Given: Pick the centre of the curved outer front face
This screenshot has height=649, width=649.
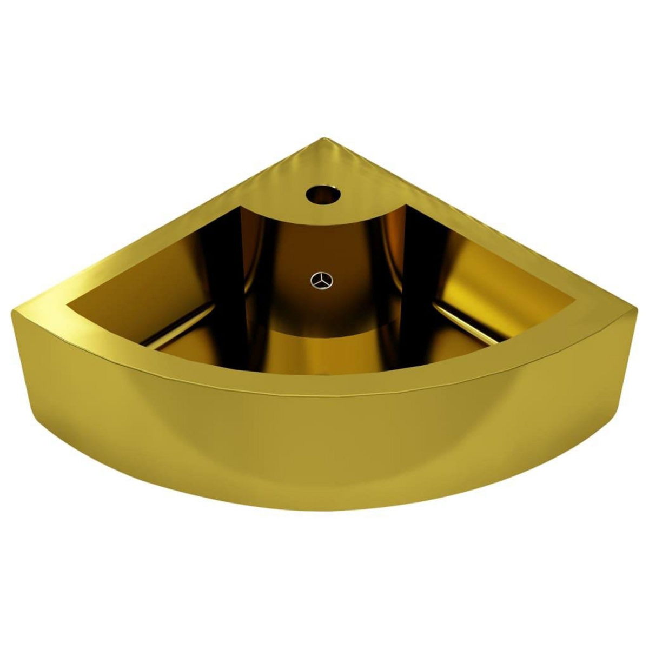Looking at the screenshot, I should tap(325, 443).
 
